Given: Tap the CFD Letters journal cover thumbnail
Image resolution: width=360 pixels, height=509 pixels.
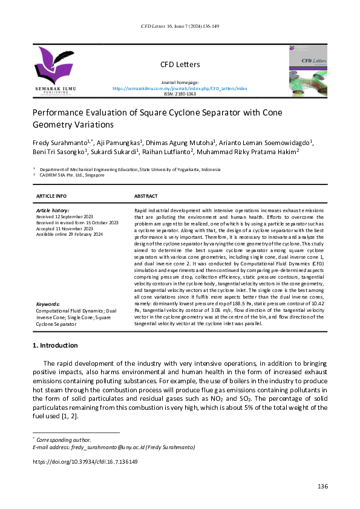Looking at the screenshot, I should (x=307, y=71).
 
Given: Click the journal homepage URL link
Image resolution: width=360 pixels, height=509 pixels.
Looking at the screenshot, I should (x=180, y=88).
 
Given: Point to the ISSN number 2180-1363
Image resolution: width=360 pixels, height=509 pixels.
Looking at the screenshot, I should (x=180, y=94).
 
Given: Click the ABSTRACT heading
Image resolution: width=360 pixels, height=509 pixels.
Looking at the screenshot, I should (x=146, y=196).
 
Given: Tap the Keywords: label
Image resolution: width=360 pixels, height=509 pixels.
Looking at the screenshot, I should (x=48, y=304).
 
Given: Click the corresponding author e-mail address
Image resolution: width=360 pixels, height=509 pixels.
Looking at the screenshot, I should (x=113, y=447).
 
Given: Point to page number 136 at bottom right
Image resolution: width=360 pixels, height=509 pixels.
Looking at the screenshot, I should (x=322, y=487).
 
